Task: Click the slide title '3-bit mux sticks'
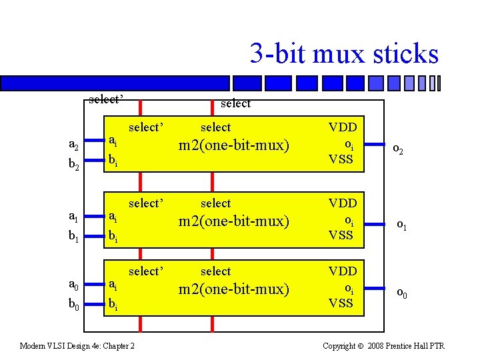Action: [x=344, y=53]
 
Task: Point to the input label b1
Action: [x=74, y=236]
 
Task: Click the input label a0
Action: [x=74, y=285]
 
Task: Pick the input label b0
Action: [x=74, y=305]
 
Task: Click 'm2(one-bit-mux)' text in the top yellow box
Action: [x=233, y=145]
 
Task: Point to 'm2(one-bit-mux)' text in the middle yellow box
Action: [x=233, y=221]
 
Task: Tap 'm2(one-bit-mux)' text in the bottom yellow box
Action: [x=233, y=289]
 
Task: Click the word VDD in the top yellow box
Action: [x=343, y=127]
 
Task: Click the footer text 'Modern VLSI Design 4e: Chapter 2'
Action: [x=77, y=345]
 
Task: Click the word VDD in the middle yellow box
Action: [x=343, y=203]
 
